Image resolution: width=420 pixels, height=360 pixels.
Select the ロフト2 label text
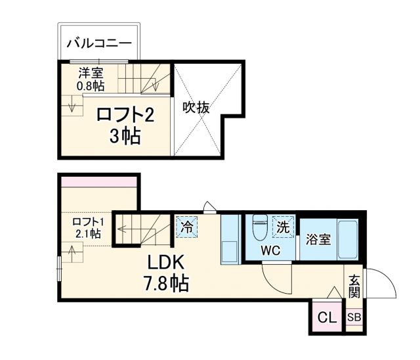[125, 116]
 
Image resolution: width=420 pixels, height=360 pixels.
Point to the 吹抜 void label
[196, 107]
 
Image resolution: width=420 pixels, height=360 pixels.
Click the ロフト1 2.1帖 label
[87, 227]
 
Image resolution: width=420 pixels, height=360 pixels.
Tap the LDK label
[167, 263]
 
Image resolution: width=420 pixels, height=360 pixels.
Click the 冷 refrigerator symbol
[186, 227]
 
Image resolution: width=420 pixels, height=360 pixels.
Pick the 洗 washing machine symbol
[283, 228]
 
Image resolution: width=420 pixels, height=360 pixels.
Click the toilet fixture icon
[259, 227]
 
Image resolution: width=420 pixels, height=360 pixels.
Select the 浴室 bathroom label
[318, 239]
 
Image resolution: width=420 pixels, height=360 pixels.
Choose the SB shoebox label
[354, 318]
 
